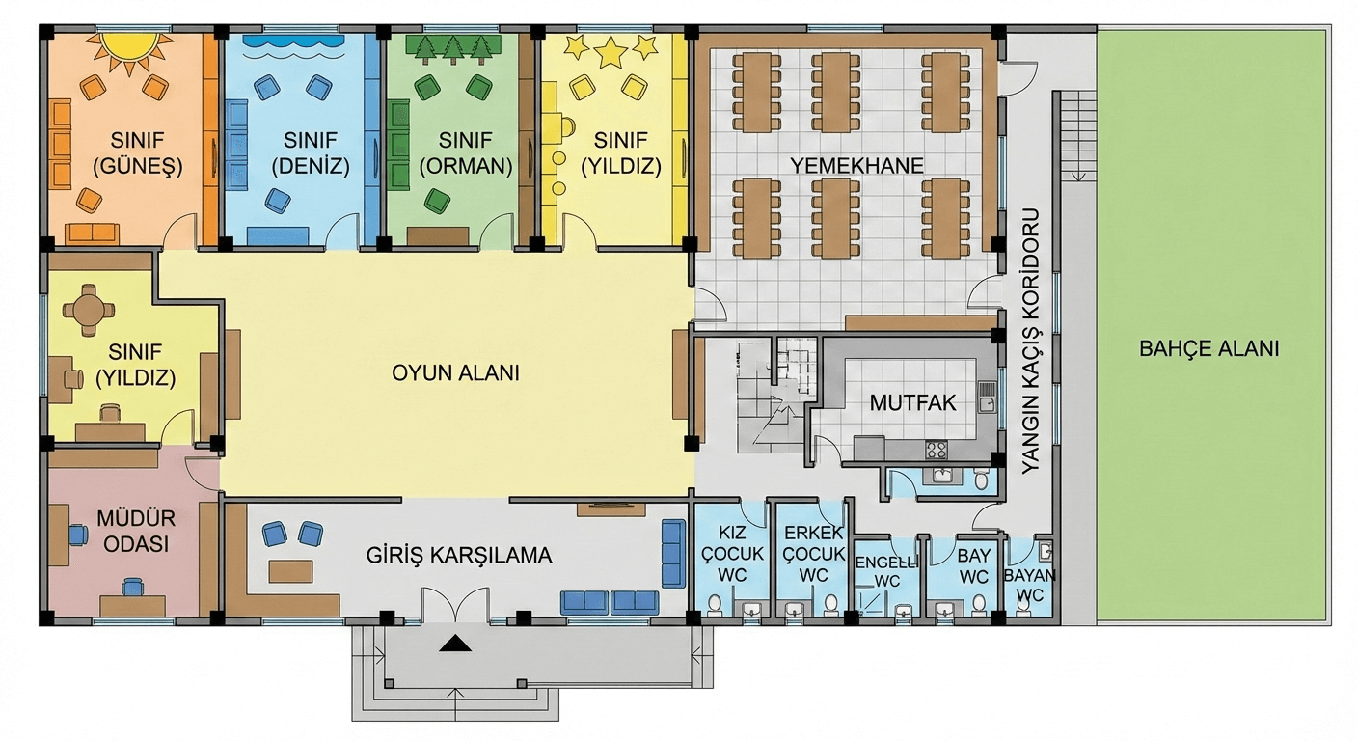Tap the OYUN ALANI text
pos(455,372)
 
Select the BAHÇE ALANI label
pos(1209,349)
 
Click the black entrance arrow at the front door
pos(454,644)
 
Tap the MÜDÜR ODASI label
pos(132,532)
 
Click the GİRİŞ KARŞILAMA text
pos(459,557)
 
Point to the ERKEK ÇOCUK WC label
pos(814,554)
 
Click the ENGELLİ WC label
pos(885,570)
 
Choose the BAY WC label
pos(974,567)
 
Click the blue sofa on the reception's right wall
pos(673,553)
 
